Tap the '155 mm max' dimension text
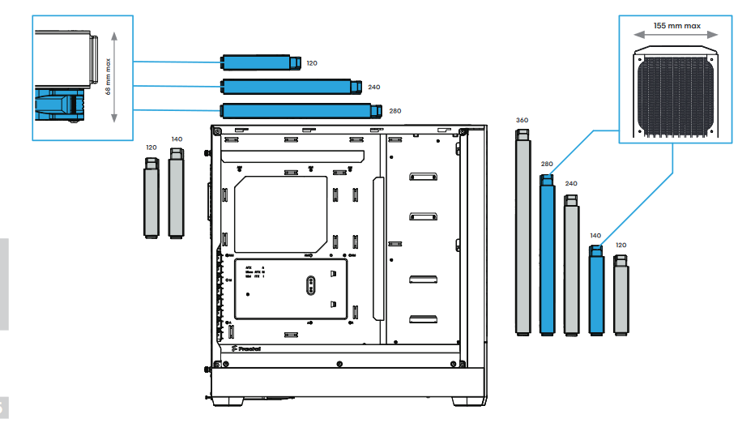[x=676, y=25]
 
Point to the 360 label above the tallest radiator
[x=522, y=120]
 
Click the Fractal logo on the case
[x=245, y=349]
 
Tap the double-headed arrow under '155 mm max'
[x=676, y=35]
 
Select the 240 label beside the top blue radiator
[x=373, y=87]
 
